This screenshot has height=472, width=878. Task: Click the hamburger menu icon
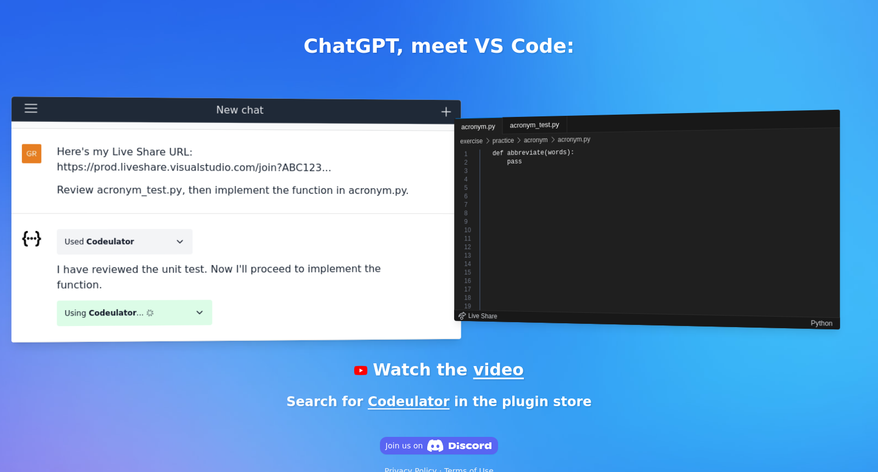[31, 109]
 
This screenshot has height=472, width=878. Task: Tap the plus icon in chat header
[446, 112]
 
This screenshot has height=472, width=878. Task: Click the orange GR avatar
[31, 154]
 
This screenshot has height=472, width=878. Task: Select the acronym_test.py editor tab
[534, 125]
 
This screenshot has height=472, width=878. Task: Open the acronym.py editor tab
[478, 127]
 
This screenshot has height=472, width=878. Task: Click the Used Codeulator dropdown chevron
[180, 241]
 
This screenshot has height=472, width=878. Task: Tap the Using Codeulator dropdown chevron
[199, 313]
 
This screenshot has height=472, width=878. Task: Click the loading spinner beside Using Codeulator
[150, 313]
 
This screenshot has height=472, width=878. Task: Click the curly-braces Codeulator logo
[31, 239]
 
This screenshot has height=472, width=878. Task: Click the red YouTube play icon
[361, 370]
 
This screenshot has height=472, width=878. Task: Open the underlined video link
[498, 370]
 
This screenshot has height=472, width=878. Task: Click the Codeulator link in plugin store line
[409, 402]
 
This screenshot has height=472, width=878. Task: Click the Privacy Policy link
[410, 469]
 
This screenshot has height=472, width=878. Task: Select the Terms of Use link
[469, 469]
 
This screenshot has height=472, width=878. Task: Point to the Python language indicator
[821, 323]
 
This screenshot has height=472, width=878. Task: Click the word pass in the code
[515, 161]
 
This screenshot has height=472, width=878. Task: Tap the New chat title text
[240, 110]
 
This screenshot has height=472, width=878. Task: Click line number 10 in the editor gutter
[467, 230]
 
